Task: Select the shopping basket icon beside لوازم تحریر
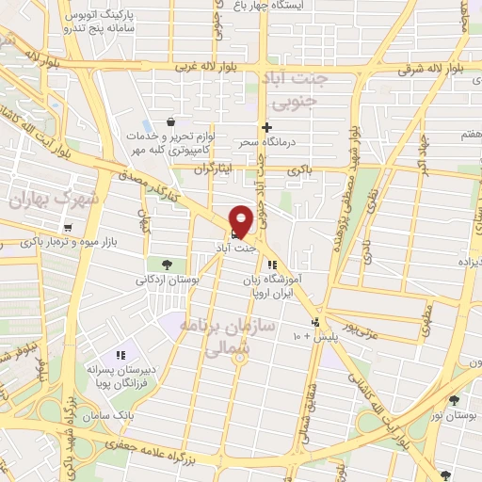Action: [x=169, y=121]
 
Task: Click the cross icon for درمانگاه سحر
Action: [x=266, y=127]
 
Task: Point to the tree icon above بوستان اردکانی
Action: [x=167, y=265]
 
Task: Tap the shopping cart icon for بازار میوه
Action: [x=67, y=228]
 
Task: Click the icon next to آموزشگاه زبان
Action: [x=272, y=265]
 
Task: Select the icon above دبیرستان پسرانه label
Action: [x=120, y=355]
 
